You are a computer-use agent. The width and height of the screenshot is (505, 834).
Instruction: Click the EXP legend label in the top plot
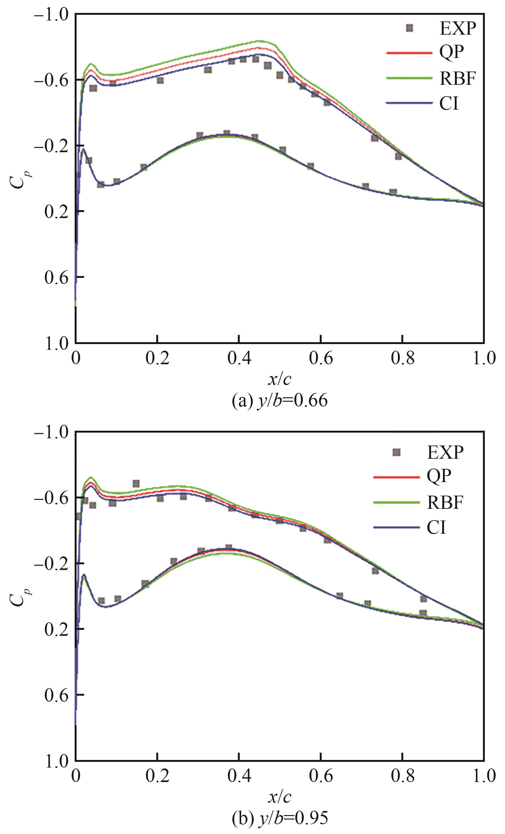point(458,29)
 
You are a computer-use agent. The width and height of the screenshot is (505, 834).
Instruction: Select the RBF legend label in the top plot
point(458,78)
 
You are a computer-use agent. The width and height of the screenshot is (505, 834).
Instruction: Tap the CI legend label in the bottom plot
point(436,527)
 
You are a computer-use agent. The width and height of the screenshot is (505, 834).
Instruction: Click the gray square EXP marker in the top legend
point(410,28)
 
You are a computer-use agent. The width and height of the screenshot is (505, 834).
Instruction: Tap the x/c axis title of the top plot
point(279,380)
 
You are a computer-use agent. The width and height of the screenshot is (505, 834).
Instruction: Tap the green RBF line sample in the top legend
point(409,78)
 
